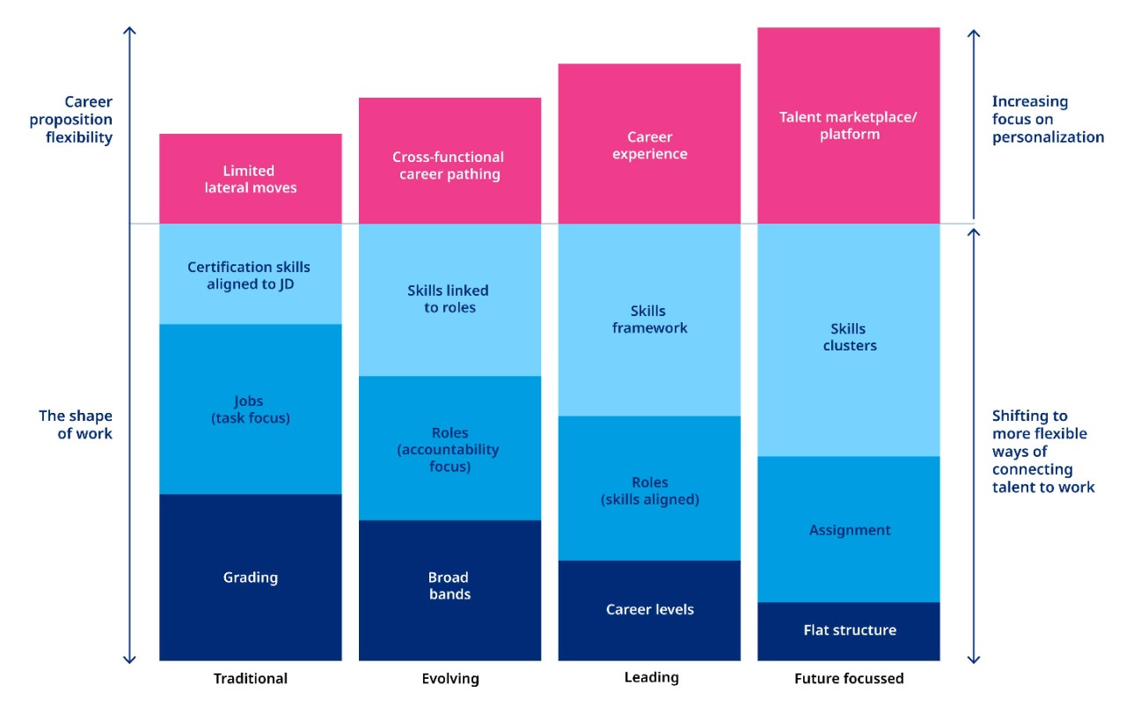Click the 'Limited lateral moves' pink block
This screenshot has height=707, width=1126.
coord(251,179)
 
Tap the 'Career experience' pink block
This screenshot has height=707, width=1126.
coord(649,144)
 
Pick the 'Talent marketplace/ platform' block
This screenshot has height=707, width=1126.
coord(849,126)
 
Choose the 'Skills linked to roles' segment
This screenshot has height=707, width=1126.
coord(450,299)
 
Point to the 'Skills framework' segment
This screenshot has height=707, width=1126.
coord(649,320)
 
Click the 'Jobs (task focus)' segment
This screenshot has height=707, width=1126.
coord(251,409)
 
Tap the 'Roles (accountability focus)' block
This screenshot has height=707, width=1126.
coord(450,448)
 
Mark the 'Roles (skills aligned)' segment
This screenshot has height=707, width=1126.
coord(649,490)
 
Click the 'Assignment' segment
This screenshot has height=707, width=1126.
coord(849,529)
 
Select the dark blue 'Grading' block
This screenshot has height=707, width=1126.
coord(251,578)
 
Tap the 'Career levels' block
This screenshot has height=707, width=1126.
coord(649,609)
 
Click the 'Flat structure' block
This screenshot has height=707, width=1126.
coord(849,630)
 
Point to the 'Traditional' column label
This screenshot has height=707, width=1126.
coord(251,679)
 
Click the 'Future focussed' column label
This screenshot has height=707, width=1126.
coord(849,679)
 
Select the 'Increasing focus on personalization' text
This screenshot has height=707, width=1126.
coord(1047,119)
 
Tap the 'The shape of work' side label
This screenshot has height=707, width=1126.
coord(76,424)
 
